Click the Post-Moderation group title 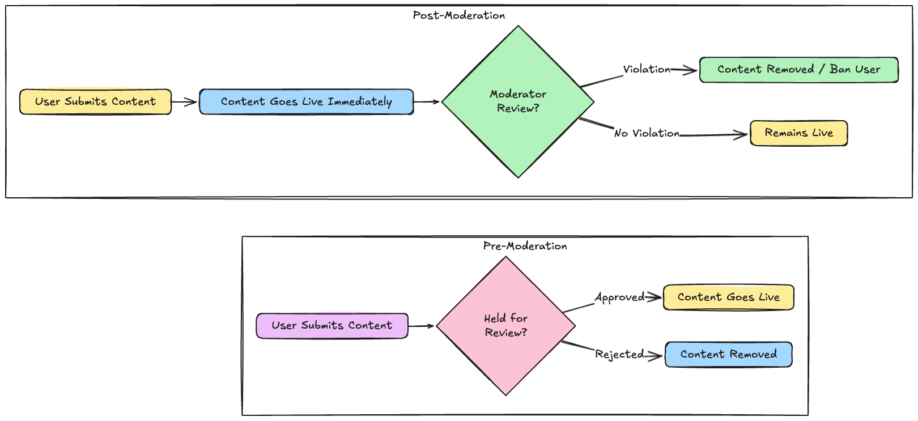point(458,15)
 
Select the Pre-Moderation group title point(525,246)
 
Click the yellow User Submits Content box point(95,101)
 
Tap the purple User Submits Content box point(331,325)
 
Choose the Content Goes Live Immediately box point(306,101)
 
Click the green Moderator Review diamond point(518,101)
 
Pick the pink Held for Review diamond point(505,326)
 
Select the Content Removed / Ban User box point(798,69)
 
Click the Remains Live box point(798,133)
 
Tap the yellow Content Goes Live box point(728,297)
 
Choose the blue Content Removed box point(728,354)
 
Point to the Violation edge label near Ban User point(647,69)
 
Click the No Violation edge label point(647,133)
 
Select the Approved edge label point(619,297)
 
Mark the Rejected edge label point(619,354)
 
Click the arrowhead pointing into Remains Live point(742,134)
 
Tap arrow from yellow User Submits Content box point(184,102)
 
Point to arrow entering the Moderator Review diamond point(427,102)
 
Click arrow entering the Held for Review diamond point(421,326)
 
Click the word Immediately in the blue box point(360,101)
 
